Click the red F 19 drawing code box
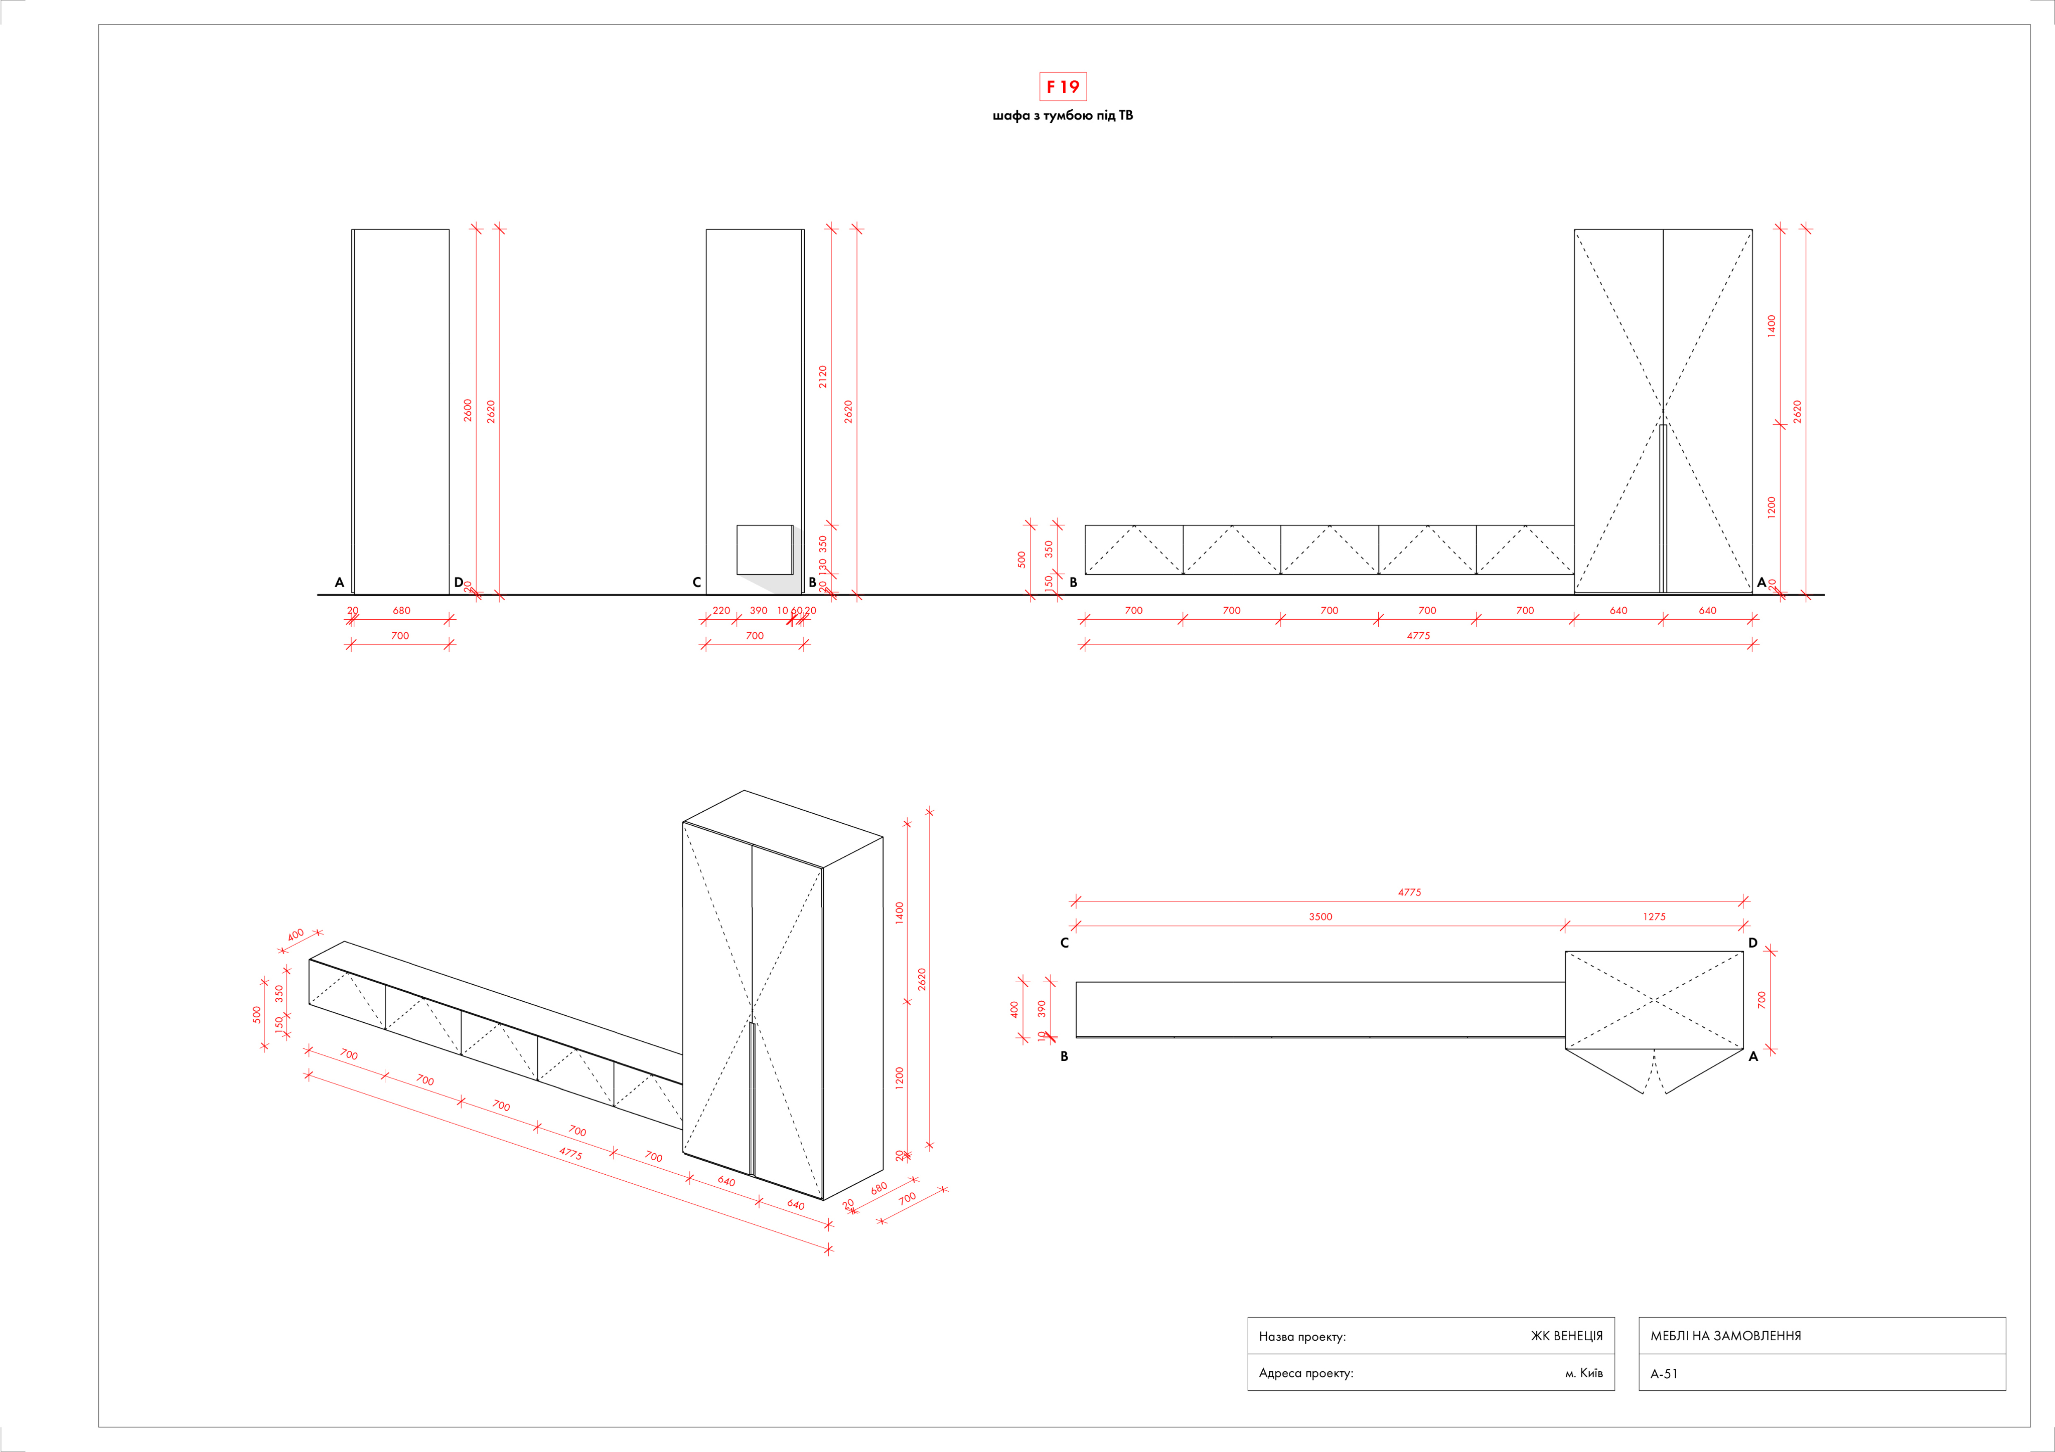click(1063, 87)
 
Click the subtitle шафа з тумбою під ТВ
click(1063, 115)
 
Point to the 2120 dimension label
click(822, 377)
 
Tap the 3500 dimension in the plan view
click(1320, 917)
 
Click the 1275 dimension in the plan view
click(1654, 917)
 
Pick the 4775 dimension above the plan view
click(1410, 892)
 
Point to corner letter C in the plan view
click(1064, 943)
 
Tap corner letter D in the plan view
click(1752, 943)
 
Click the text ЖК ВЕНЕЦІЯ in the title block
click(1566, 1336)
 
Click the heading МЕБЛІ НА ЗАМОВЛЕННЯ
click(1725, 1336)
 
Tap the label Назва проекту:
click(1302, 1337)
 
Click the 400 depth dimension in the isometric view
click(296, 936)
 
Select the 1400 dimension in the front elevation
click(1771, 326)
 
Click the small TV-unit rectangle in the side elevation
click(765, 550)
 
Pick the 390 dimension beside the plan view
click(1041, 1009)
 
